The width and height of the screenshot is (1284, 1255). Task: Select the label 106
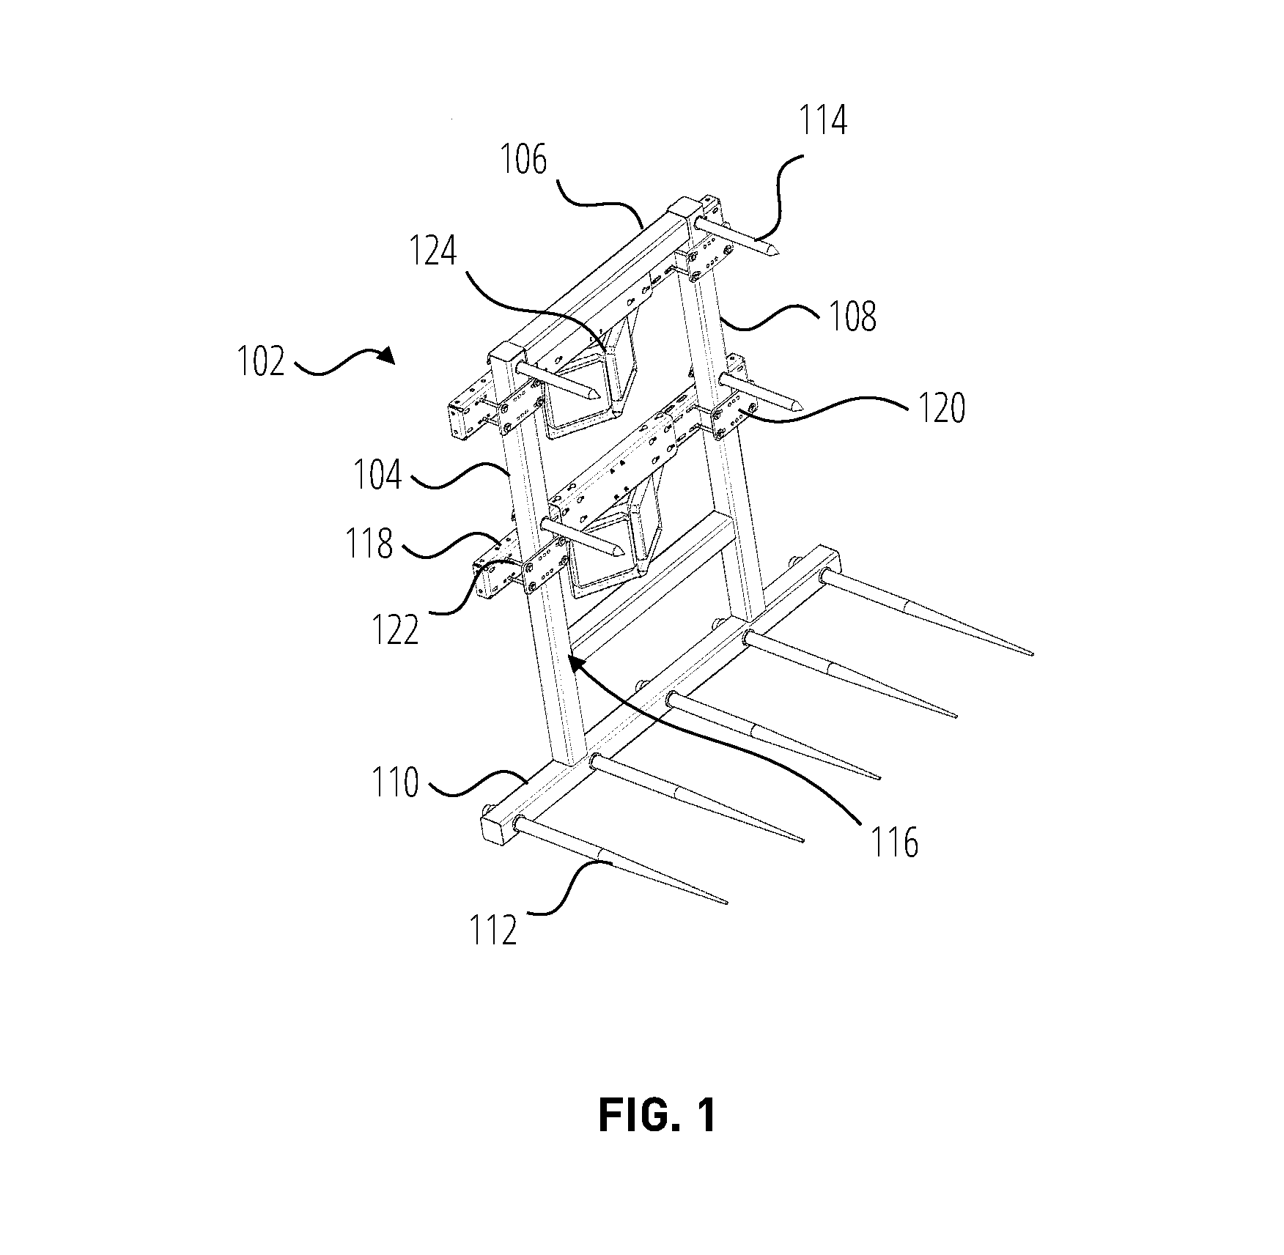pos(523,159)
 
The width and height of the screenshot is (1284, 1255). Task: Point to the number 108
pos(852,316)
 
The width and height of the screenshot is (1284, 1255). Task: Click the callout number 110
pos(396,782)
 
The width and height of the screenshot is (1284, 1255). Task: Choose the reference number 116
pos(894,843)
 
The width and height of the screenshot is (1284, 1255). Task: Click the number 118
pos(369,544)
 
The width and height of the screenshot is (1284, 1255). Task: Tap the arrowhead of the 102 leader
pos(388,355)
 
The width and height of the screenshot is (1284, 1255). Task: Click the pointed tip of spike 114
pos(779,253)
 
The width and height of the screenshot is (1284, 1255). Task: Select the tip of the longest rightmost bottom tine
pos(1033,654)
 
